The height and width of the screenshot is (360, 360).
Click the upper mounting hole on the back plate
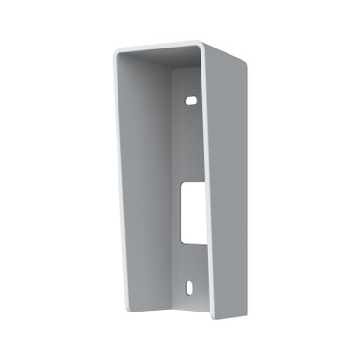(190, 97)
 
